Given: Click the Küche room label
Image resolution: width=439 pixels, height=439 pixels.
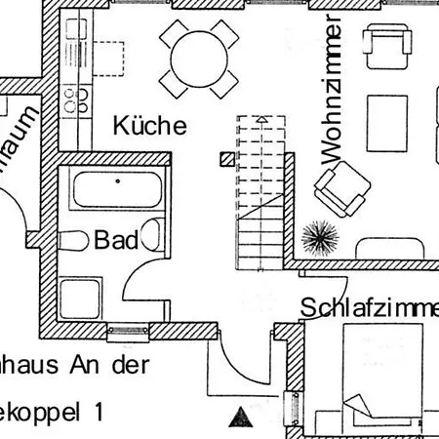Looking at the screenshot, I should click(x=149, y=125).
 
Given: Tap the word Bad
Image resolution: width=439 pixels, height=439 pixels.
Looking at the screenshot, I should click(x=115, y=241).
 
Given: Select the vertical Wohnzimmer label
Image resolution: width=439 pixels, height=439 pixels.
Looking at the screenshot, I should click(x=330, y=90).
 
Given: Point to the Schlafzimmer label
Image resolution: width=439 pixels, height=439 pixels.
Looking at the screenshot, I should click(x=369, y=308).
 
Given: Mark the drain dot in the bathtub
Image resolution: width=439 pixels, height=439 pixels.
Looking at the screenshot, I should click(x=116, y=181).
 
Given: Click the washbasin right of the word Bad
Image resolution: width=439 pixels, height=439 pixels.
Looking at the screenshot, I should click(x=151, y=235).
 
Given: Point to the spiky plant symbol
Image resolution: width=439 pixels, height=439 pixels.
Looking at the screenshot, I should click(x=317, y=236).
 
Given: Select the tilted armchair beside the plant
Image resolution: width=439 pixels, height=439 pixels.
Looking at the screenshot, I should click(x=342, y=187).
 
